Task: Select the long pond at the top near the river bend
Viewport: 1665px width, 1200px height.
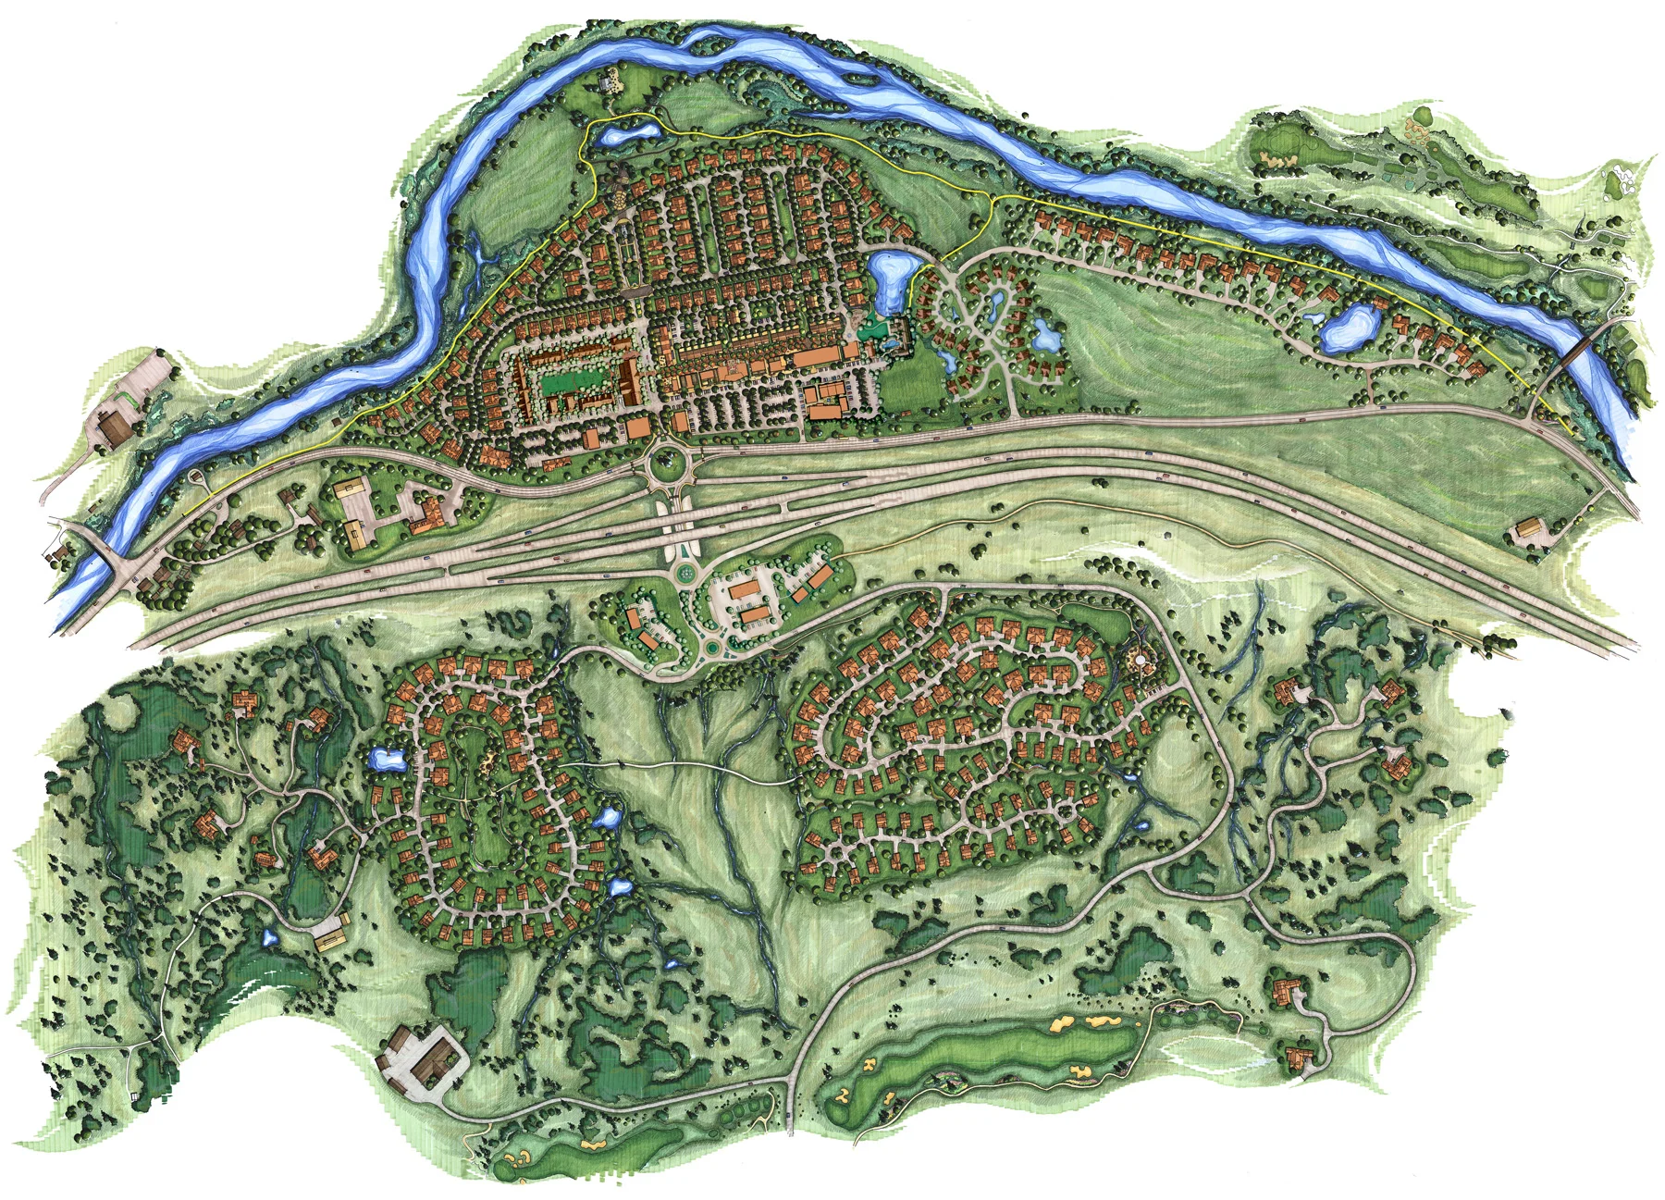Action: (x=627, y=136)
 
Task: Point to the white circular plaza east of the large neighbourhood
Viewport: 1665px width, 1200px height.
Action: (x=1145, y=662)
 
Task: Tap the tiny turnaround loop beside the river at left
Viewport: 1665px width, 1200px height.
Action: (x=196, y=477)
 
